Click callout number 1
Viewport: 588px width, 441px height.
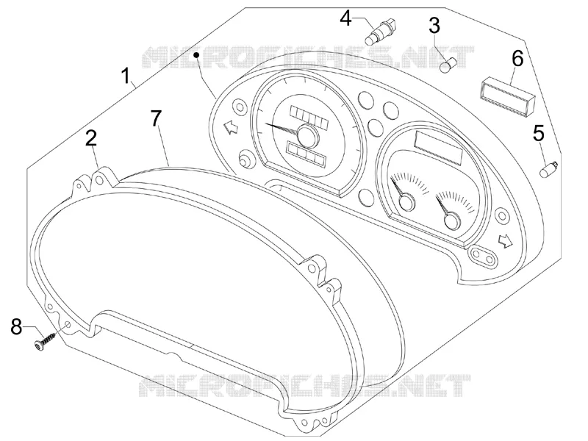(x=126, y=76)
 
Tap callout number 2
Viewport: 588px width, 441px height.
(x=91, y=138)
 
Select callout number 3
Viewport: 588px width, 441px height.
(x=434, y=26)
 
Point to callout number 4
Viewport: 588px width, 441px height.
(x=345, y=18)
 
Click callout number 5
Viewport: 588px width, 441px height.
(x=539, y=134)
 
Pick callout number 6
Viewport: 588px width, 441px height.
(x=518, y=59)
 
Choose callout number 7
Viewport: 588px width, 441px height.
(x=156, y=118)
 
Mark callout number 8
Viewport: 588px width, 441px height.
(x=16, y=326)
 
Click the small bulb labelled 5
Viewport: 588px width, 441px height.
(x=548, y=169)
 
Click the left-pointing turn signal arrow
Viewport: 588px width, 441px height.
(x=230, y=127)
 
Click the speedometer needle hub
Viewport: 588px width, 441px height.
(x=308, y=135)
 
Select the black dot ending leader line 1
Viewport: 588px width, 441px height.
(x=196, y=55)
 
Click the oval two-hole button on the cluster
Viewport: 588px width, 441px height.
(x=483, y=257)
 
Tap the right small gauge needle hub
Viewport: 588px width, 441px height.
(x=452, y=220)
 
